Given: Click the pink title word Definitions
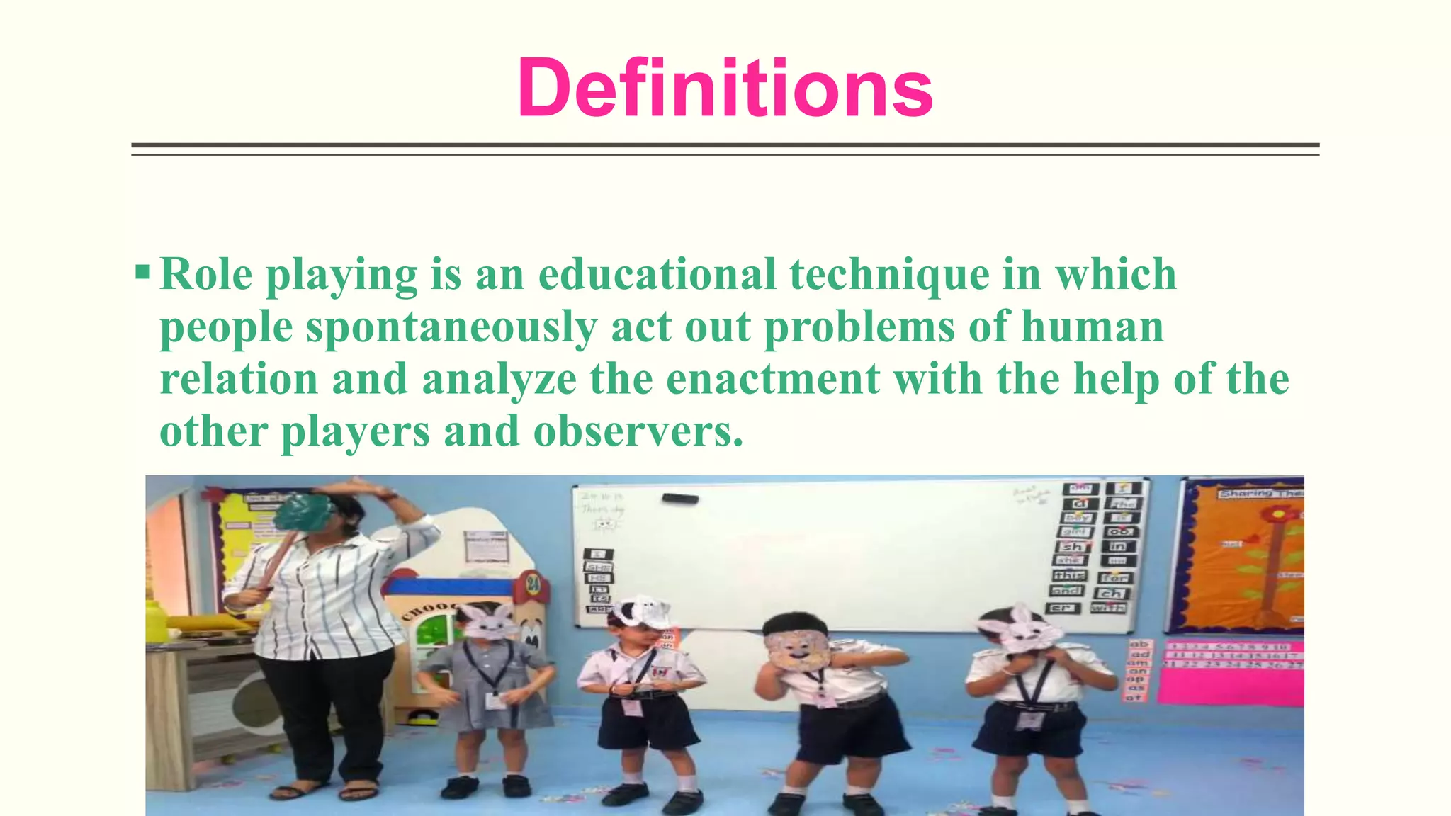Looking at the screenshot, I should click(x=725, y=89).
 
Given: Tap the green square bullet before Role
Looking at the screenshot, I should click(x=142, y=272).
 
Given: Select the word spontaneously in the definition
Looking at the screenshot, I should click(x=451, y=327).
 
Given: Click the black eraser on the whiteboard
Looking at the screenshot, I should click(x=680, y=499).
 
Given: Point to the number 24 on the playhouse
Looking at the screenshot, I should click(x=533, y=585).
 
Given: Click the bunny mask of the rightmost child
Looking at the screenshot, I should click(x=1021, y=628).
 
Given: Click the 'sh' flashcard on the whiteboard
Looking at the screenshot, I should click(x=1073, y=546).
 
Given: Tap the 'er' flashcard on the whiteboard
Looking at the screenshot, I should click(x=1063, y=608).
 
